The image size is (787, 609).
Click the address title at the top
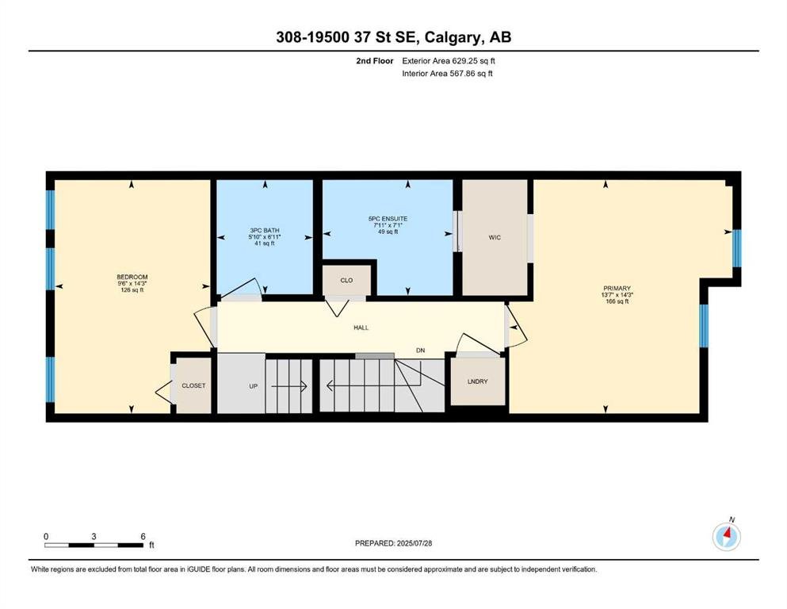393,37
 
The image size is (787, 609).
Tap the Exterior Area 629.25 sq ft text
449,61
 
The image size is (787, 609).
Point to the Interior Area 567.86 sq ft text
447,73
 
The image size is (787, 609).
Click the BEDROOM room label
132,277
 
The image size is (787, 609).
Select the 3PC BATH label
265,231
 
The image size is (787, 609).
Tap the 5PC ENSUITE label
388,219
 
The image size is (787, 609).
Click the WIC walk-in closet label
495,237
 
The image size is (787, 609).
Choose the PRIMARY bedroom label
617,288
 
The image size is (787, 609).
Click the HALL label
361,327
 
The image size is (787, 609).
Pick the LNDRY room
477,381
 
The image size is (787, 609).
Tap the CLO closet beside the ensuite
346,280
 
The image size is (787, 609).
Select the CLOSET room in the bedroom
193,385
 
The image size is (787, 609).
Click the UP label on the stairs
254,386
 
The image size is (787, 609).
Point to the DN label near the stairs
421,350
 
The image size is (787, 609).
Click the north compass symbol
726,536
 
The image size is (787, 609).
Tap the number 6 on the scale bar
143,536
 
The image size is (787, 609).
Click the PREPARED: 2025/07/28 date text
393,543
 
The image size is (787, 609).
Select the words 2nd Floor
374,61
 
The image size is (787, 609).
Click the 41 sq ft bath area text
265,243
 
